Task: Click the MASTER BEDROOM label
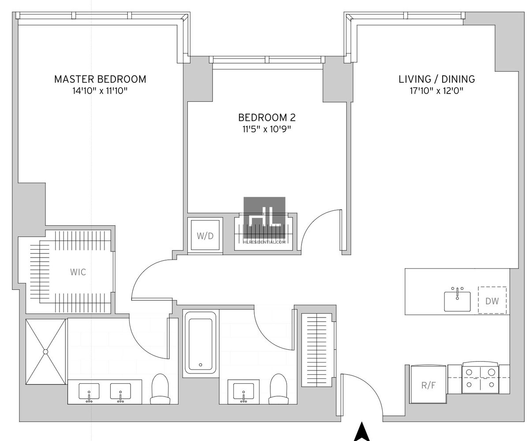pos(100,79)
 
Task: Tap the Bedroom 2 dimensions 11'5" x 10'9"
pos(267,129)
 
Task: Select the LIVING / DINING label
pos(436,79)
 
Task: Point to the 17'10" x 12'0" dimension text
pos(436,91)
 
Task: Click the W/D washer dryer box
pos(205,236)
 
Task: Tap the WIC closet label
pos(78,272)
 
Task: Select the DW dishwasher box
pos(492,301)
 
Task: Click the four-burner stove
pos(480,378)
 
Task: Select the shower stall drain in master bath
pos(45,351)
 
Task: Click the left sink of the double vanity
pos(89,392)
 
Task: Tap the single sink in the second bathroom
pos(243,392)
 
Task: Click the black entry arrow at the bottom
pos(361,432)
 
